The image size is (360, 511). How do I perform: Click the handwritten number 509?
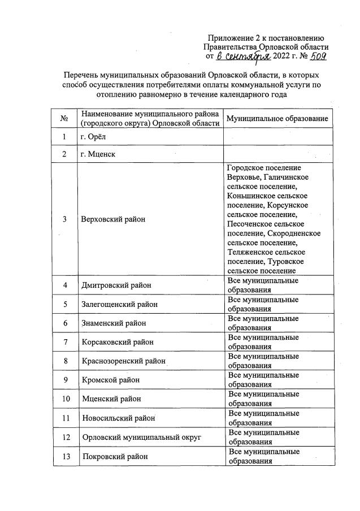point(316,57)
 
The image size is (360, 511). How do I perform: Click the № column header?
point(64,119)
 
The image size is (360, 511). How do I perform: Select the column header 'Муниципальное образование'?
point(277,119)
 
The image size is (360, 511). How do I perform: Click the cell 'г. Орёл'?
point(94,137)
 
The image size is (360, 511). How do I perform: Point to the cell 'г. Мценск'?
point(98,154)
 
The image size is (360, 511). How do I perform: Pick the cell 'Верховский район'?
point(113,219)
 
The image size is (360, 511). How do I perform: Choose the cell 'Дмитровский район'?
point(117,285)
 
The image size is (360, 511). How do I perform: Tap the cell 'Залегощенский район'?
point(119,304)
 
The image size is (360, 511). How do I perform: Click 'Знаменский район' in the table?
point(115,323)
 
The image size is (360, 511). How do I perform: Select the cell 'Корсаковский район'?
point(118,342)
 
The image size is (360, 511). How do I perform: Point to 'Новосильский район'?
point(118,418)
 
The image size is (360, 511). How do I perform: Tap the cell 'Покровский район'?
point(115,456)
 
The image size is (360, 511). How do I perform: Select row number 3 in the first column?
point(65,219)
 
